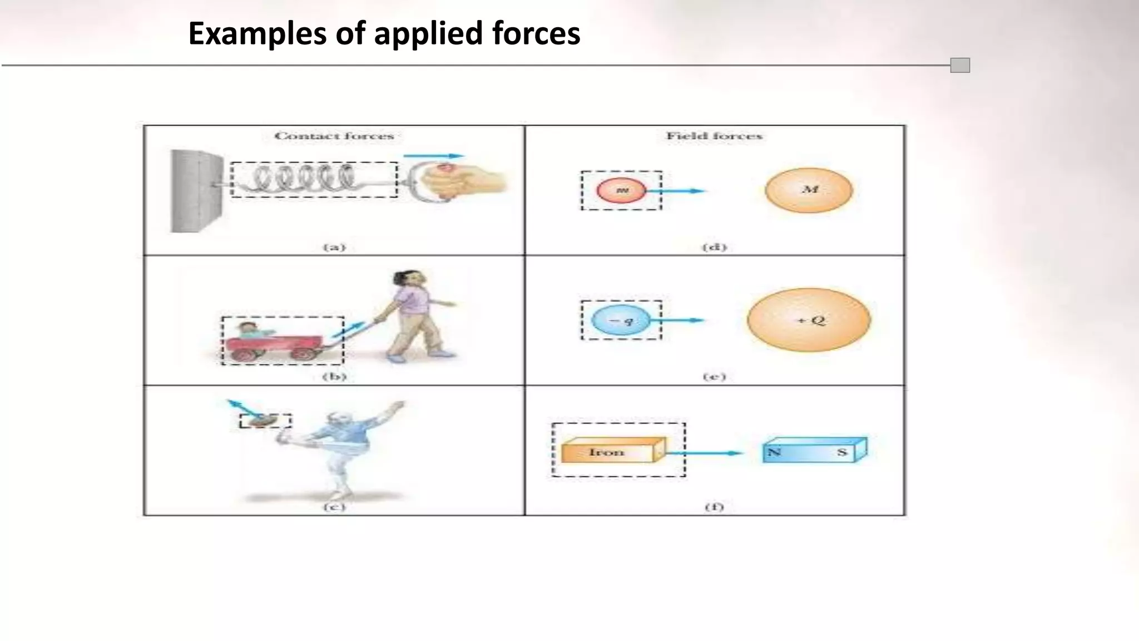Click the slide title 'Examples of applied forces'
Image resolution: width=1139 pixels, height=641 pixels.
[384, 33]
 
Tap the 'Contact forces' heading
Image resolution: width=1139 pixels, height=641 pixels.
[334, 136]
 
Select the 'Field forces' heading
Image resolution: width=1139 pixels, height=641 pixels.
[714, 136]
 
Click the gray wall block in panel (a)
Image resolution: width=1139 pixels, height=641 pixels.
[196, 190]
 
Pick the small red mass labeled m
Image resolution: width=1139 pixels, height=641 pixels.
[621, 190]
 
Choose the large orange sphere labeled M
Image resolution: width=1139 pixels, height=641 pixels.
[809, 190]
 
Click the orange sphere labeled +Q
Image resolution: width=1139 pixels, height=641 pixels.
[809, 320]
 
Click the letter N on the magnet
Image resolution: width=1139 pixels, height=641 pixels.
[774, 452]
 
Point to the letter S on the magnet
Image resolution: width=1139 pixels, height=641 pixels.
[842, 452]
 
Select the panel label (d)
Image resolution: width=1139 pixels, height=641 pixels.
[714, 247]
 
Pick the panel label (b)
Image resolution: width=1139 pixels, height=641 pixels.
[334, 377]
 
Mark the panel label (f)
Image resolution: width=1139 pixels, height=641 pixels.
[714, 507]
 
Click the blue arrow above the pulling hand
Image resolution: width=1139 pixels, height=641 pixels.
[433, 156]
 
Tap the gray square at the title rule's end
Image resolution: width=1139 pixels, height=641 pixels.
[960, 66]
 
